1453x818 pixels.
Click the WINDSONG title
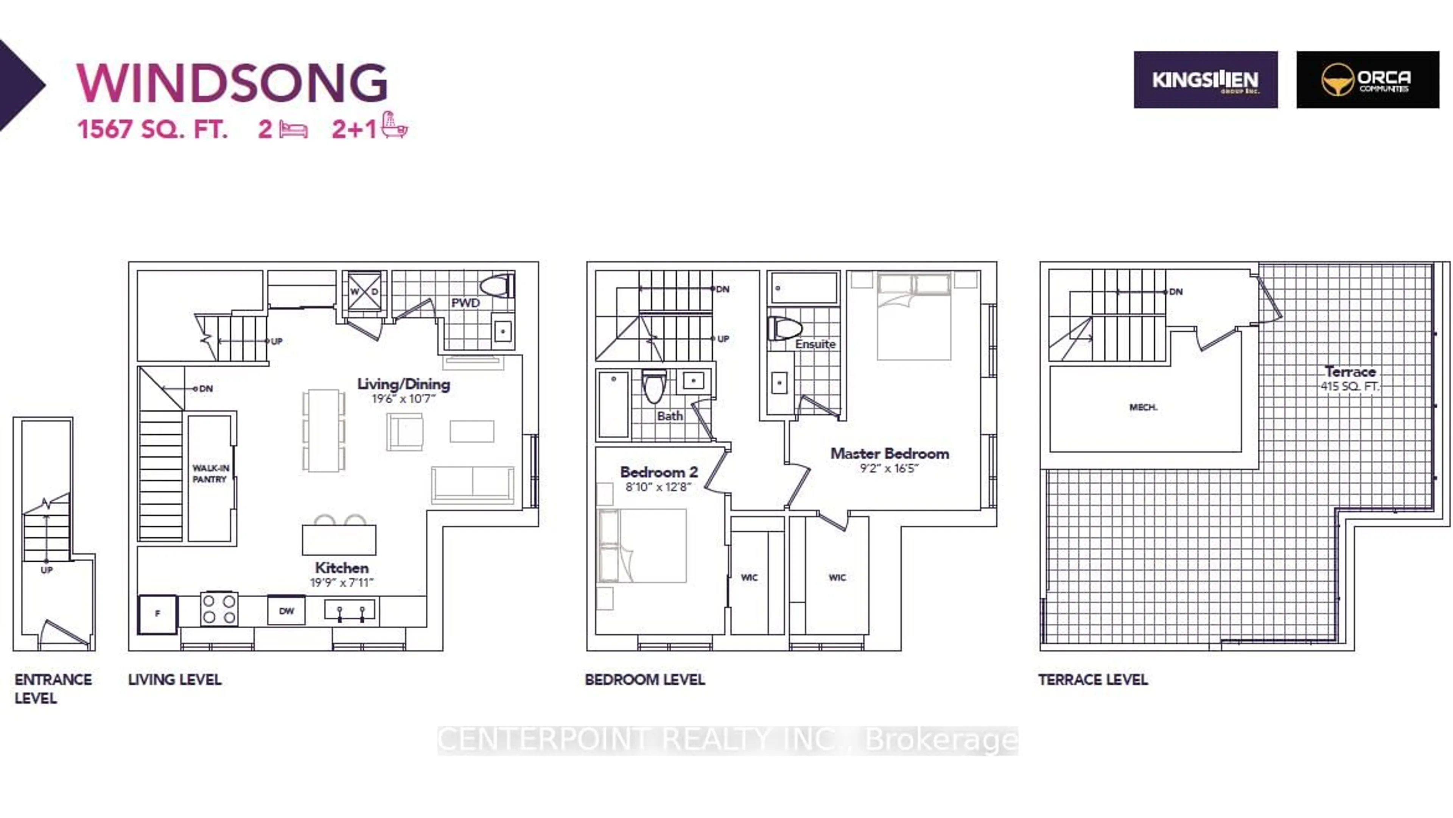232,83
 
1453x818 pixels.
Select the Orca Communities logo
1367,80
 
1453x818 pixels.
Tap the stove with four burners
219,609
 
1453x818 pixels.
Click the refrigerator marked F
157,613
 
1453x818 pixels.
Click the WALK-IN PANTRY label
210,474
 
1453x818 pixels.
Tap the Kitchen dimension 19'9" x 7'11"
341,582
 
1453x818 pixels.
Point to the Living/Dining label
403,384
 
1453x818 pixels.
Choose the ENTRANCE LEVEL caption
53,688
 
